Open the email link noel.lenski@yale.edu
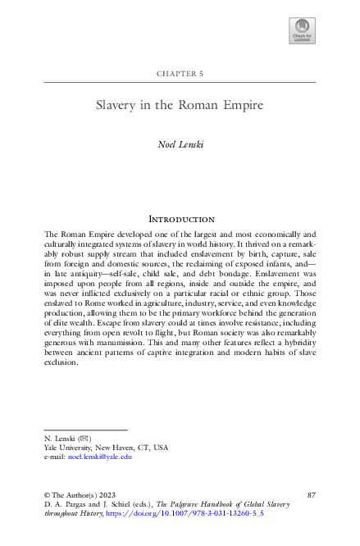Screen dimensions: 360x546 (x=100, y=457)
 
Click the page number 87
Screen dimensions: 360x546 (x=311, y=494)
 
